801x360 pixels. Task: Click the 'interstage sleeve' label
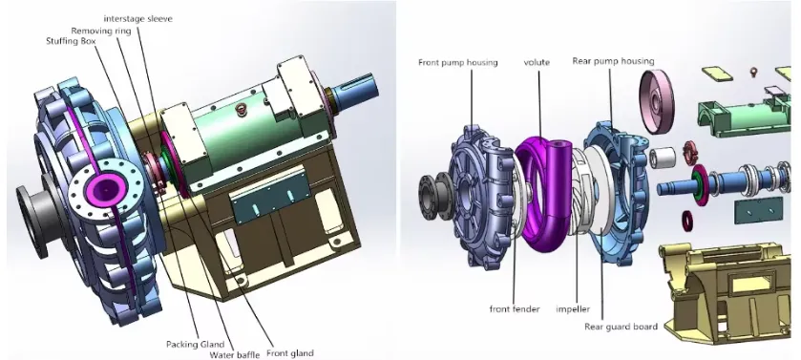click(x=137, y=19)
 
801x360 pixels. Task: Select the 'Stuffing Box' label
click(x=71, y=41)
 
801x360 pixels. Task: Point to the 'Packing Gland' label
click(x=196, y=344)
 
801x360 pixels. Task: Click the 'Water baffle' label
click(x=235, y=354)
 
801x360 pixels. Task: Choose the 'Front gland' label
click(x=289, y=353)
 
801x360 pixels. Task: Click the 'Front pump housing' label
click(x=457, y=62)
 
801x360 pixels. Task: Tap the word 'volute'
click(x=537, y=62)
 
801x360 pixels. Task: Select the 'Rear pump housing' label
click(x=613, y=61)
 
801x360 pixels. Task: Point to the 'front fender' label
click(x=515, y=309)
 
